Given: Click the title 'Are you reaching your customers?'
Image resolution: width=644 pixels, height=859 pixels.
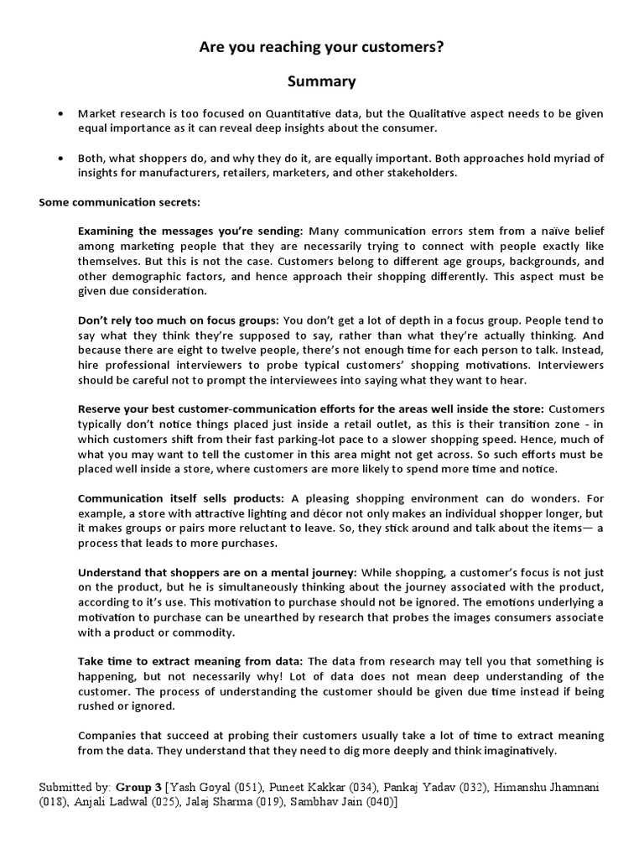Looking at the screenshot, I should click(x=321, y=49).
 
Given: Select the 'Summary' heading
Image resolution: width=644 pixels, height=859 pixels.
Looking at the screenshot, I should click(x=321, y=81).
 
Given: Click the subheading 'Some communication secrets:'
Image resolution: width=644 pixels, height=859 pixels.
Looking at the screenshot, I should click(x=119, y=203).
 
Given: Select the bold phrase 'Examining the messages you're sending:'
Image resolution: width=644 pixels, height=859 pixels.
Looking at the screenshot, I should click(x=190, y=231).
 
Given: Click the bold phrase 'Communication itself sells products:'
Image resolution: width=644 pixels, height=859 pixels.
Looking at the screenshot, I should click(x=180, y=498).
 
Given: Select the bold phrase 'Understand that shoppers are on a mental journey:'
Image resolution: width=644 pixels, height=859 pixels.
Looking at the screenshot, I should click(x=217, y=572).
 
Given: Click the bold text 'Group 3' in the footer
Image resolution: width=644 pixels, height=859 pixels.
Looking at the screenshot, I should click(x=138, y=788).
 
